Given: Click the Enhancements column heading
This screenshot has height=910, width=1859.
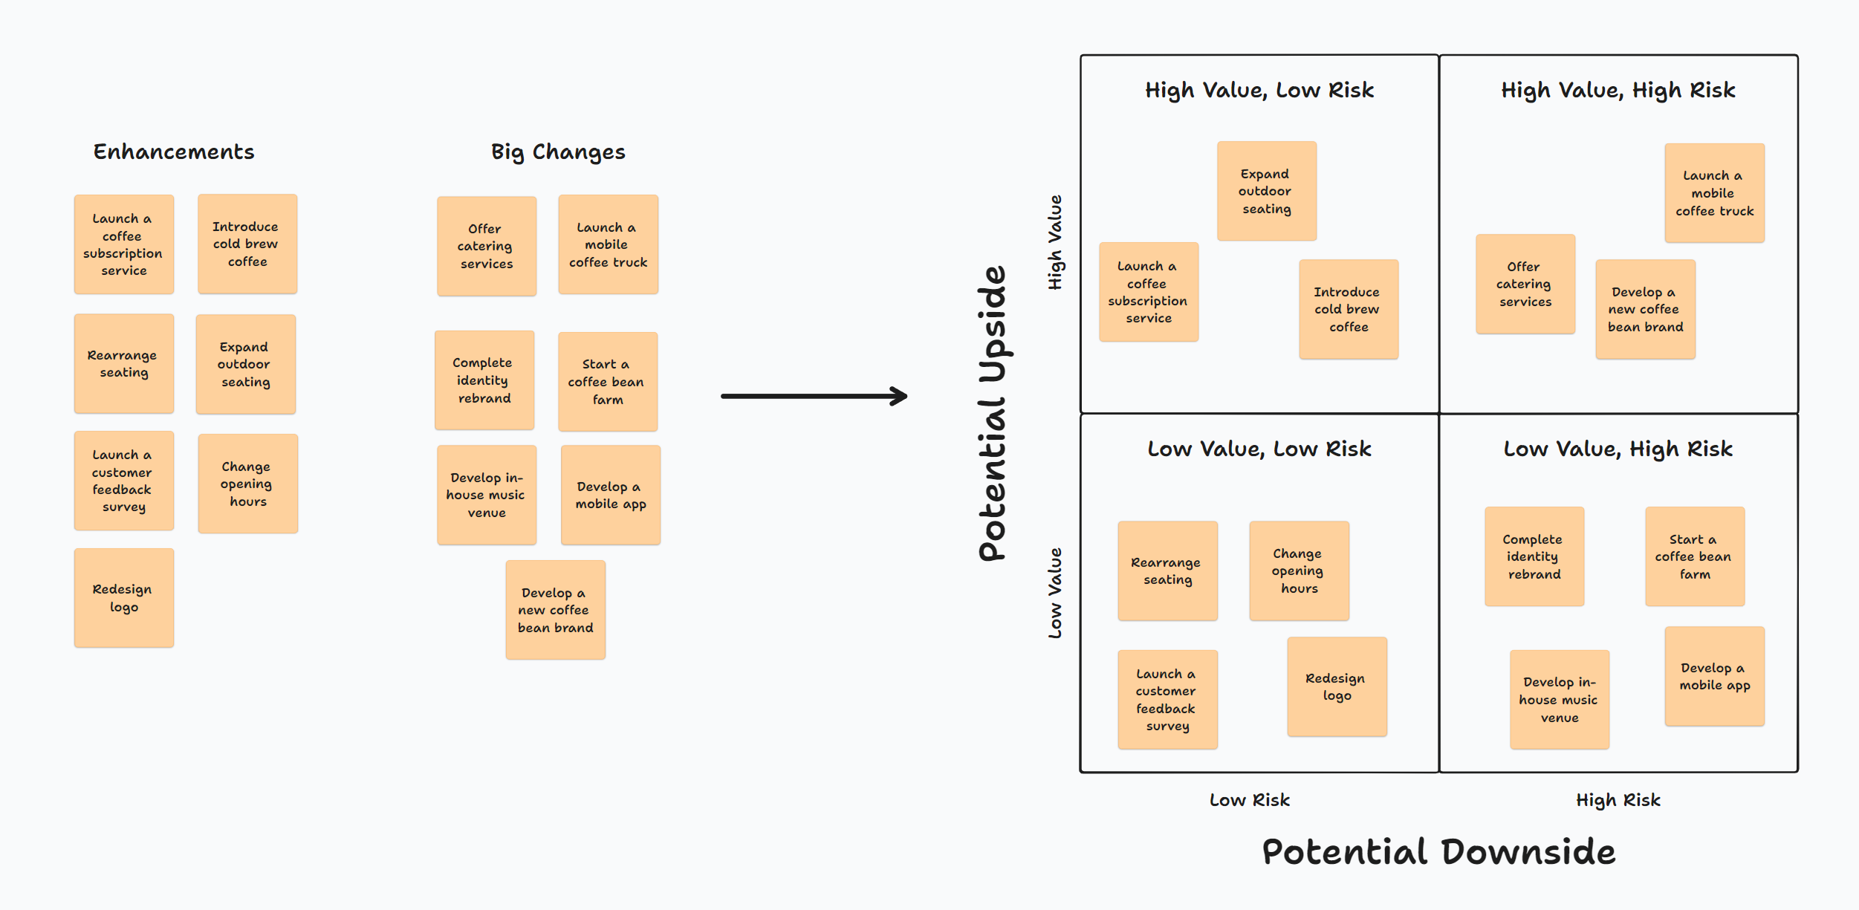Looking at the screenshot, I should tap(174, 152).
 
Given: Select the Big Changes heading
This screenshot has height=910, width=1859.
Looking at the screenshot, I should tap(558, 152).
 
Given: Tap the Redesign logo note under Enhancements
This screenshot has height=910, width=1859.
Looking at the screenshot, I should tap(124, 598).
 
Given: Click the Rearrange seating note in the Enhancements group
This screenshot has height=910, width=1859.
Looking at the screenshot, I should tap(124, 363).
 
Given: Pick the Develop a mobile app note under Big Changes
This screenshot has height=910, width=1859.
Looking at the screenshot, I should tap(611, 495).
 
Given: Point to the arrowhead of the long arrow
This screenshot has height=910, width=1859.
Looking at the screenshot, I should tap(901, 396).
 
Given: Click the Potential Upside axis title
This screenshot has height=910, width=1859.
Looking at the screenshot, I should tap(993, 413).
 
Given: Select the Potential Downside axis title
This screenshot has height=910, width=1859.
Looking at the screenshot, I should tap(1438, 851).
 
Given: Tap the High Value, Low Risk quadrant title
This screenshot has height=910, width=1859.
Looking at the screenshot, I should tap(1259, 90).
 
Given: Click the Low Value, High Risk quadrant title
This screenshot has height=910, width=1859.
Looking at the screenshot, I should tap(1618, 449).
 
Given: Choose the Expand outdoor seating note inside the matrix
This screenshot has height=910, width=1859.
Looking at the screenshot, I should tap(1267, 191).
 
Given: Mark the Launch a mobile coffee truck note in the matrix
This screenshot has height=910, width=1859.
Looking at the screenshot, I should tap(1715, 193).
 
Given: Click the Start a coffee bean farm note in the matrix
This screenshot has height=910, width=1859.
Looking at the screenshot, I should tap(1695, 556).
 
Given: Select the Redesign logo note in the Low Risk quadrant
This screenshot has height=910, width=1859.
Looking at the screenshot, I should tap(1337, 686).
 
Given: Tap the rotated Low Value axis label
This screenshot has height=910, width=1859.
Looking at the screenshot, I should tap(1055, 593).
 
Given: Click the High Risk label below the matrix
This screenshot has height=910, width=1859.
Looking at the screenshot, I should tap(1618, 800).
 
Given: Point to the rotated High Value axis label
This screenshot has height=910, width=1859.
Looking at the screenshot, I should tap(1055, 242).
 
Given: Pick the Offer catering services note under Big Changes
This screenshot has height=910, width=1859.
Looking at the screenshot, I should tap(487, 246).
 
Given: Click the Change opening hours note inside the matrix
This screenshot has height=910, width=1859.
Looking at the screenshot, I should tap(1299, 571).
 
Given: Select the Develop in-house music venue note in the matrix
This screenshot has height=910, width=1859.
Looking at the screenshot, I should tap(1560, 700).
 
